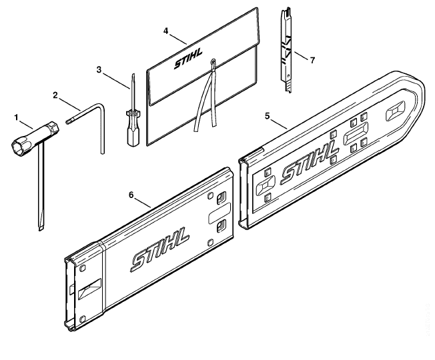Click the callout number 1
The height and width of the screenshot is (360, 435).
17,118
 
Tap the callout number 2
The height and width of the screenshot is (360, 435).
55,95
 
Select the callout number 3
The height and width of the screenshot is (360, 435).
99,70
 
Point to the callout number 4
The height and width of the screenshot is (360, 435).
165,31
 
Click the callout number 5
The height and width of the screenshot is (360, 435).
267,116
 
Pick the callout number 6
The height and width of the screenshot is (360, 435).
131,195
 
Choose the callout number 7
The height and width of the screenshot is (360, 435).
313,60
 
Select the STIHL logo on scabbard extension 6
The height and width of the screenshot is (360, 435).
160,249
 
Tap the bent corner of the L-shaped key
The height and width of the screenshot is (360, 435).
101,106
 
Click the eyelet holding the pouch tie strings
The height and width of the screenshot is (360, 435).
213,61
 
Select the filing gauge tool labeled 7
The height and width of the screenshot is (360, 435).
286,51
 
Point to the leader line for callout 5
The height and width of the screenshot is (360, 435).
279,123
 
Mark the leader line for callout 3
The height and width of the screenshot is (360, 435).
117,81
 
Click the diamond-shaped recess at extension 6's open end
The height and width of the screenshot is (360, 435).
89,289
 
